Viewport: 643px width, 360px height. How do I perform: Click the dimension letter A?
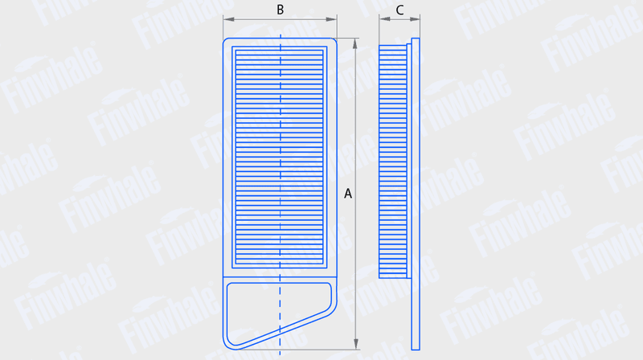point(348,194)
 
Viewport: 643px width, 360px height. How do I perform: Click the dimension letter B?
point(280,10)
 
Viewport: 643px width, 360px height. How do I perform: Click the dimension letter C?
point(399,10)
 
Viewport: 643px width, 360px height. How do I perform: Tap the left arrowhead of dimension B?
point(229,19)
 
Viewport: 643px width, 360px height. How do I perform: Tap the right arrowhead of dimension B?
point(331,19)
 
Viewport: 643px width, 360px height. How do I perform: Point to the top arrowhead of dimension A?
point(355,44)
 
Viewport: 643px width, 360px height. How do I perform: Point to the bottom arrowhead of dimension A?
point(355,344)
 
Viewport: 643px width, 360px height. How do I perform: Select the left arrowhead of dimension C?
point(384,18)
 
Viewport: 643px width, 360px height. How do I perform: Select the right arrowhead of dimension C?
point(415,18)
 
